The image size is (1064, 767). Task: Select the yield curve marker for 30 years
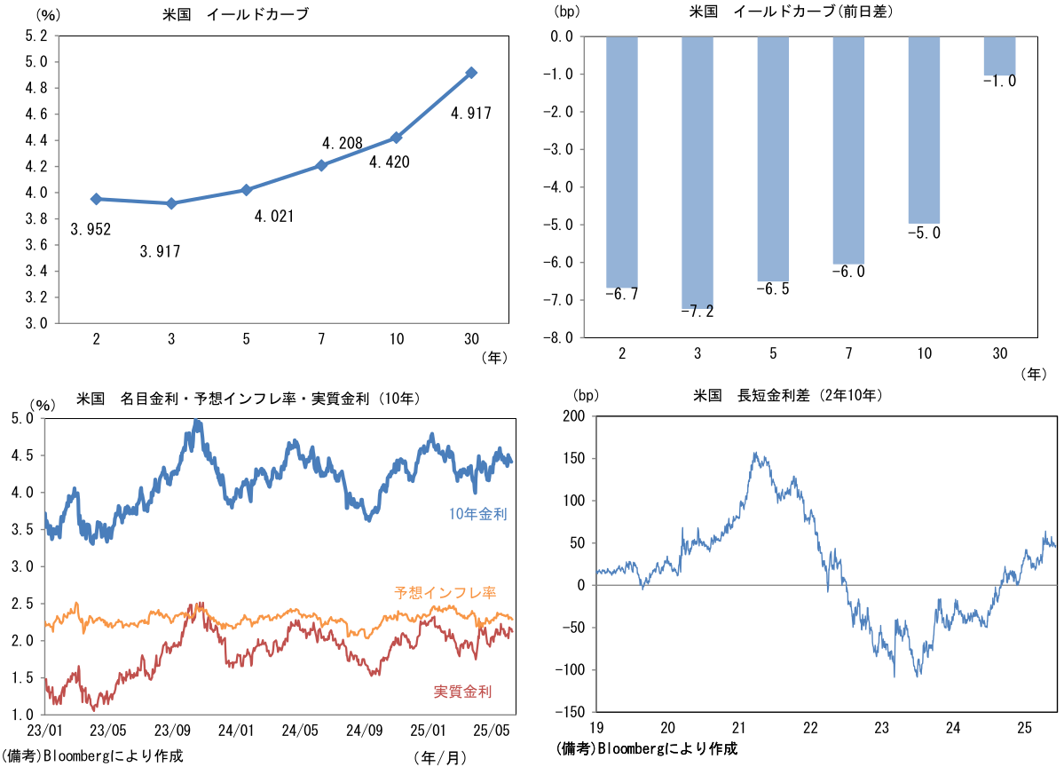[472, 73]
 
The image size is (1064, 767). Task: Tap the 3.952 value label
[91, 230]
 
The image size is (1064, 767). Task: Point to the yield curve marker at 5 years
[247, 190]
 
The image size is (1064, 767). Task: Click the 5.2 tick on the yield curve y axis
[36, 36]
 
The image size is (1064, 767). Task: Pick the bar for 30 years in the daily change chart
[999, 56]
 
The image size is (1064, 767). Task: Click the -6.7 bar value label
[621, 294]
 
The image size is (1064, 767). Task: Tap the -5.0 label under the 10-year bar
[924, 233]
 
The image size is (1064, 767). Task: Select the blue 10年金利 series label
[478, 514]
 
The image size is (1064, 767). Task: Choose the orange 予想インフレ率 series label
[445, 592]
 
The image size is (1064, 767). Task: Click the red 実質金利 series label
[462, 692]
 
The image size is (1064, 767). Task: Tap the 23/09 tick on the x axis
[173, 730]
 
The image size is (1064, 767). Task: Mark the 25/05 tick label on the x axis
[491, 730]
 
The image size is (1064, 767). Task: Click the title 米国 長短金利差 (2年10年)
[787, 395]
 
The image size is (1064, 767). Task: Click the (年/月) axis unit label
[438, 757]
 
